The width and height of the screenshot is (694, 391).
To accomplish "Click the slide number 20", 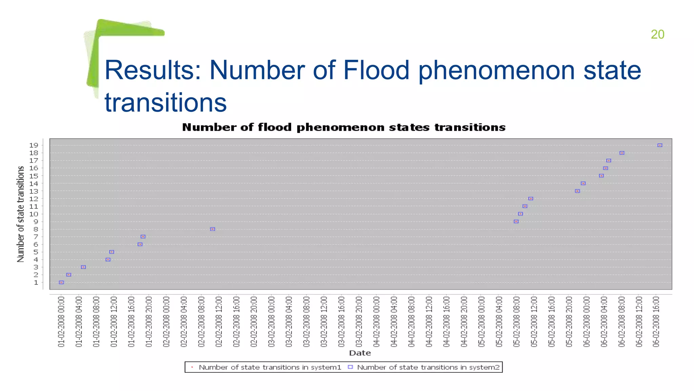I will [x=657, y=35].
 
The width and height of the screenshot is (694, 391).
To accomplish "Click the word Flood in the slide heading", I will [x=376, y=70].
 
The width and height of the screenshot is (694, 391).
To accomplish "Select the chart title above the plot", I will [x=344, y=128].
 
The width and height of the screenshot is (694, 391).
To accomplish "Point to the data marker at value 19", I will [x=659, y=145].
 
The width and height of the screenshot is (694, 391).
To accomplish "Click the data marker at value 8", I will [x=212, y=229].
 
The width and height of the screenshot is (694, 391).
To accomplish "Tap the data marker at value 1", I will [x=61, y=282].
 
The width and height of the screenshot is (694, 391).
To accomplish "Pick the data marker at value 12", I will [x=531, y=199].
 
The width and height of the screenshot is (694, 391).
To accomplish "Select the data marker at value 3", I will [x=83, y=267].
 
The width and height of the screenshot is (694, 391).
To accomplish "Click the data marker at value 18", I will [x=621, y=153].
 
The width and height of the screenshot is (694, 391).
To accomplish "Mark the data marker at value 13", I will [x=577, y=191].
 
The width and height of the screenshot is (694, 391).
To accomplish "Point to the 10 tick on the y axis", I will [x=34, y=214].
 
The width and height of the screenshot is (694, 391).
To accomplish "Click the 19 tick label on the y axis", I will [x=34, y=145].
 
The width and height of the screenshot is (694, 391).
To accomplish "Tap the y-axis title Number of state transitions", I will [x=21, y=214].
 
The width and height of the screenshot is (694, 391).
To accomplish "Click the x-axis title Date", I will [x=360, y=353].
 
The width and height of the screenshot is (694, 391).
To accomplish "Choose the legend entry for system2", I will [x=428, y=367].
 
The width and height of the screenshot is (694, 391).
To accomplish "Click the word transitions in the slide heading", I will [x=165, y=103].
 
